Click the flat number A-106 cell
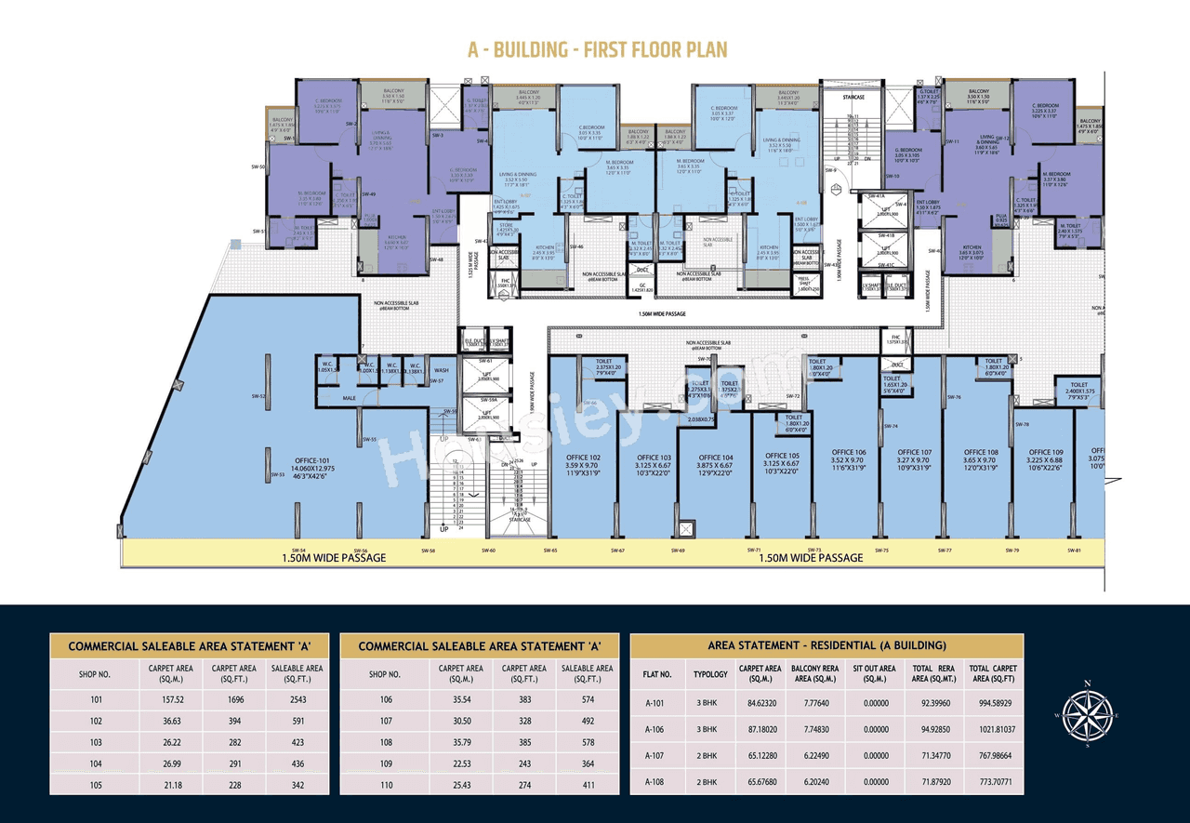656,730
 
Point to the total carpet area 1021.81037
992,730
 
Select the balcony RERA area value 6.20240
814,783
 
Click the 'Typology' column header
710,673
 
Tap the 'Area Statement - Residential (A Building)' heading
826,645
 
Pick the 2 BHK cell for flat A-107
710,756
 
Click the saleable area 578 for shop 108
587,741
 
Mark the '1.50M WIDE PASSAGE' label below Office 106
811,558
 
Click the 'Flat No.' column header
656,673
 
